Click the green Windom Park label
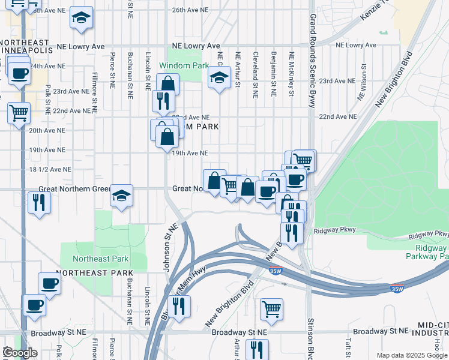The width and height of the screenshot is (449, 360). click(184, 65)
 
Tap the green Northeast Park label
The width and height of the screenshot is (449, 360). click(101, 259)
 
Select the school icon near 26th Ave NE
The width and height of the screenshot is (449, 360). click(81, 19)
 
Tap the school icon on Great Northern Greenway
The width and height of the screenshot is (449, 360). click(122, 196)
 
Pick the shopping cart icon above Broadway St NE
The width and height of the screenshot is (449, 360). click(271, 310)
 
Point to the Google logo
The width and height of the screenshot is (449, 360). click(20, 353)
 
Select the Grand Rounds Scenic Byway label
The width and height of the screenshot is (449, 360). click(312, 60)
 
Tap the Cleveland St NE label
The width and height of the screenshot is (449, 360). click(256, 74)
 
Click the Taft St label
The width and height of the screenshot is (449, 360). click(348, 347)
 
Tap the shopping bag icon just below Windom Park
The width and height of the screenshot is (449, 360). click(168, 84)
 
